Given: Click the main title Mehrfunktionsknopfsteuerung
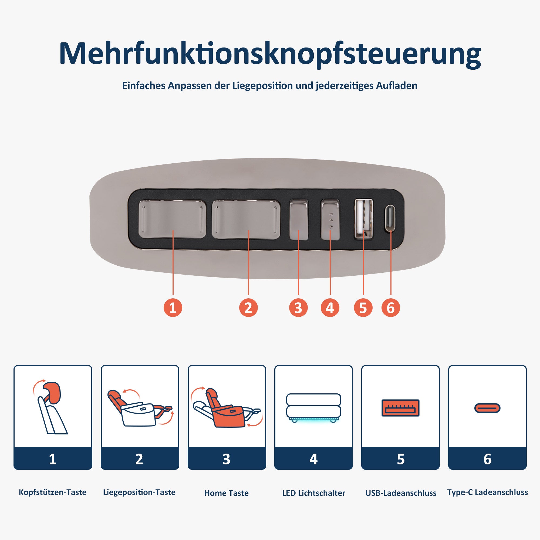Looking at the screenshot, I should (x=270, y=54).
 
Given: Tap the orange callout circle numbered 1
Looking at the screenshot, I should (x=173, y=308).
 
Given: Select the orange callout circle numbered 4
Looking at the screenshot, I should (x=330, y=308).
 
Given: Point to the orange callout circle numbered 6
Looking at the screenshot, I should (x=390, y=308).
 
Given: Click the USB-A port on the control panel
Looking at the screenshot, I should (x=363, y=219).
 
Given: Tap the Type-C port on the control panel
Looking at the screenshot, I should (x=390, y=219).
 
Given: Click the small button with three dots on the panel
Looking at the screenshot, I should (x=330, y=220).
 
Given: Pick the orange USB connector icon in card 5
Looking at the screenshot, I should (x=400, y=408).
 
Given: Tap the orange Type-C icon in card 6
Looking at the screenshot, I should (x=487, y=408).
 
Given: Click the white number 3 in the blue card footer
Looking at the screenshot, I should (x=227, y=459).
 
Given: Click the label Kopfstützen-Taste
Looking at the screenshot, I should (x=53, y=492).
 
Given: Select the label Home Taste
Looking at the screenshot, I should (x=227, y=493).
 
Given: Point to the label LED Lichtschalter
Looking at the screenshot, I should (x=313, y=493).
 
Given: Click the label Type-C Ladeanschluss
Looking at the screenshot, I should (x=487, y=492).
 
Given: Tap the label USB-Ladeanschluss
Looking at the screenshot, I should (x=400, y=493).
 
